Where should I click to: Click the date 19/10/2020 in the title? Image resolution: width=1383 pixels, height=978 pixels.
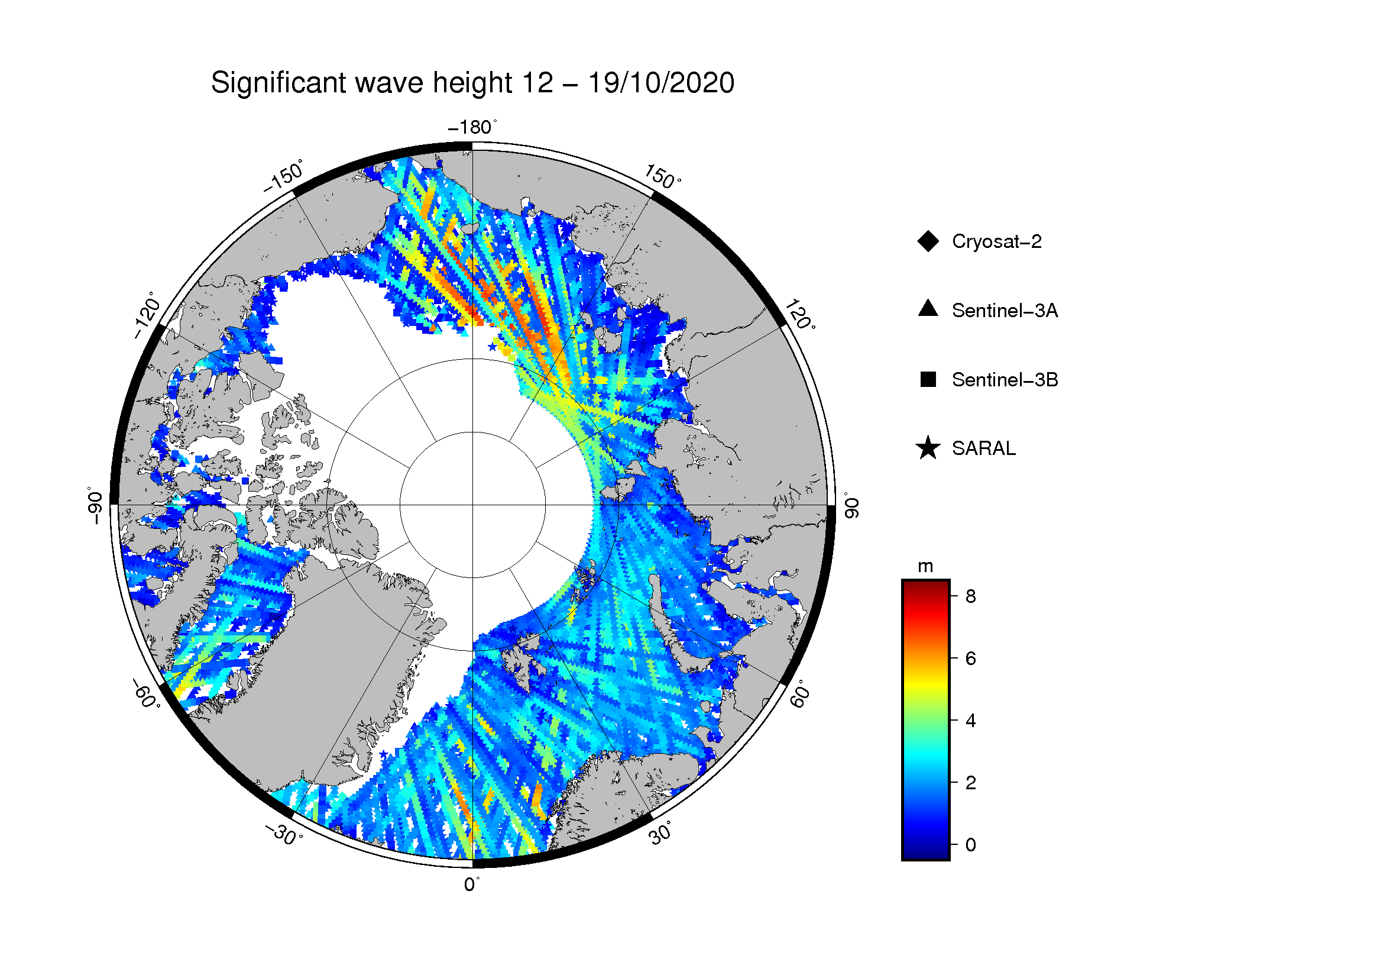pos(661,83)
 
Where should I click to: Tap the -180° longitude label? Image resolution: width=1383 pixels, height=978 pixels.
pos(473,127)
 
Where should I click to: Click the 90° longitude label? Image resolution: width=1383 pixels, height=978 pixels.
pos(850,505)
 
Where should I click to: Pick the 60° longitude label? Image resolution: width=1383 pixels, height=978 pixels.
pos(799,694)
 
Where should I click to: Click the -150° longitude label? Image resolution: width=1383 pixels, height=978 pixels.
pos(283,176)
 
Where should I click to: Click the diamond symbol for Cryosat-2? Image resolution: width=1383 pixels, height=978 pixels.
pos(928,241)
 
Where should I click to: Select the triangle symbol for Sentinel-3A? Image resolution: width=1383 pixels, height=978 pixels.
pos(928,308)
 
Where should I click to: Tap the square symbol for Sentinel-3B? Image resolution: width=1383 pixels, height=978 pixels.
pos(928,379)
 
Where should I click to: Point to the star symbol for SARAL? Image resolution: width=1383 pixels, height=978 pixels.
pos(928,448)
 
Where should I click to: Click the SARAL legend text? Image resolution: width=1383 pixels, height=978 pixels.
pos(984,448)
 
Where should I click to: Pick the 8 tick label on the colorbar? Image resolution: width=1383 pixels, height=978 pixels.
pos(970,596)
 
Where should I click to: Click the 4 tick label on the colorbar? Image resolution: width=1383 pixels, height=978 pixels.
pos(970,720)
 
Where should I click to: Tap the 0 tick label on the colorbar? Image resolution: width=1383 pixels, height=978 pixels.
pos(970,845)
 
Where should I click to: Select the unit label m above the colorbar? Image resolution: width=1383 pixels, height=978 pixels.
pos(925,567)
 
